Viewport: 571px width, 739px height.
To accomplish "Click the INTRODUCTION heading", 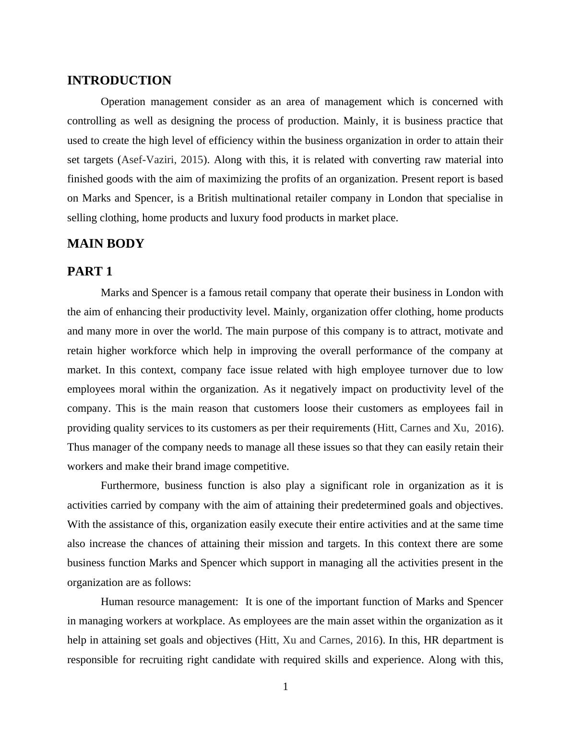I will [119, 81].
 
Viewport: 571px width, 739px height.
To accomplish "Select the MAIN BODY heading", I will [106, 244].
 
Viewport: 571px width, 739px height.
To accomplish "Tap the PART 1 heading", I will [90, 272].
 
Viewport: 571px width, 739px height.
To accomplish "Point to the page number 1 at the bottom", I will [285, 687].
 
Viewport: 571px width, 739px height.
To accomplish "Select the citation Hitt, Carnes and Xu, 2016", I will [437, 428].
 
